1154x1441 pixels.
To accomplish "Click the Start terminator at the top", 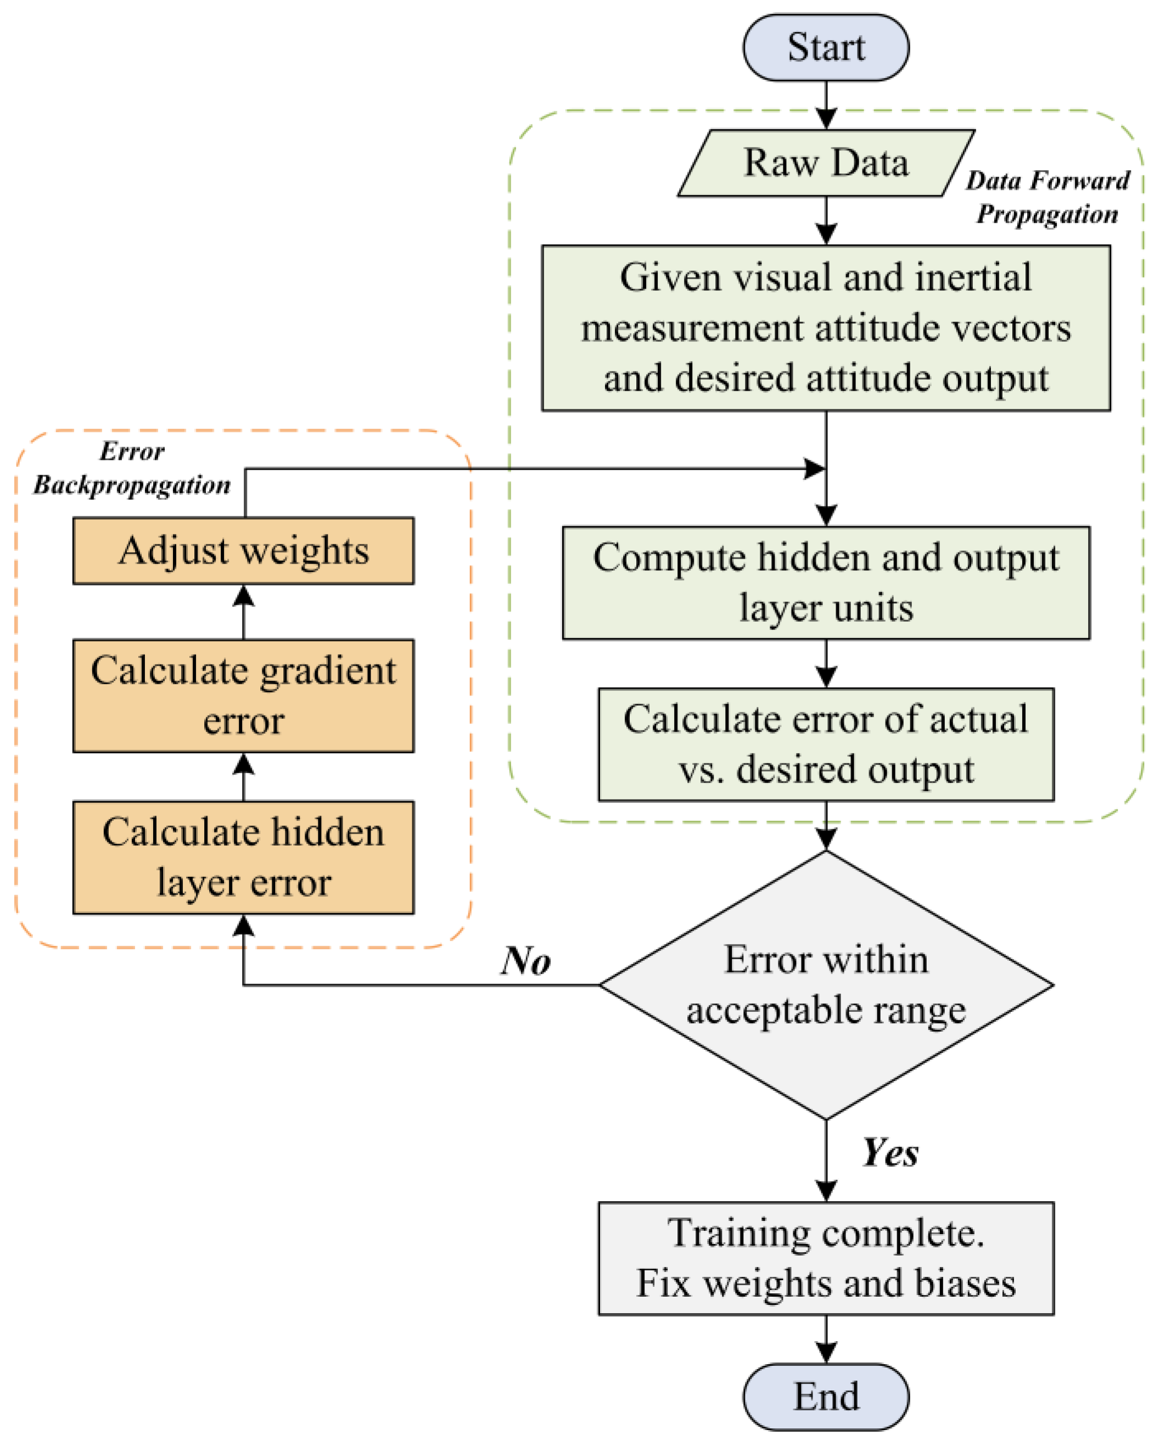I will pos(826,47).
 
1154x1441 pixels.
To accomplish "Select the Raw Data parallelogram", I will pos(826,163).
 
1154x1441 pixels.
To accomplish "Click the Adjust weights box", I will pos(243,551).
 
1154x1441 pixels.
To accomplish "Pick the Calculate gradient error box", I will pos(243,695).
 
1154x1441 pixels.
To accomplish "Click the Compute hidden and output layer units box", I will pos(826,583).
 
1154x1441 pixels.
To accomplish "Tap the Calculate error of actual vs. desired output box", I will pos(826,744).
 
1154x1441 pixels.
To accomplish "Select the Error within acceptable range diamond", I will pos(826,984).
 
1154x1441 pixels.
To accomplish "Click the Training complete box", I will pos(826,1258).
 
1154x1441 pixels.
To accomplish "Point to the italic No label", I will pos(525,961).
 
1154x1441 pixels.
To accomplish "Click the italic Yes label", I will pos(890,1152).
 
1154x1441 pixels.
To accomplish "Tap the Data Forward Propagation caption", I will pos(1047,197).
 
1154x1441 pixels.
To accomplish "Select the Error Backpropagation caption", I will pos(132,468).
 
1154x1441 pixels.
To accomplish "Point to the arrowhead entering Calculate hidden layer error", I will pos(243,926).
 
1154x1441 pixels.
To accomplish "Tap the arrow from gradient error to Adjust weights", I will pos(243,611).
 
